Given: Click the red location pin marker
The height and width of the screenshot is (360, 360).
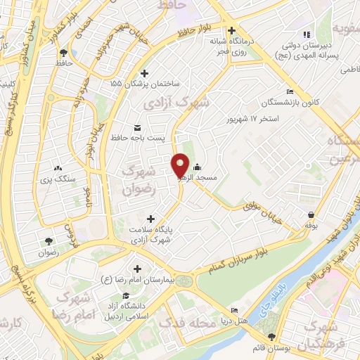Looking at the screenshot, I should point(180,165).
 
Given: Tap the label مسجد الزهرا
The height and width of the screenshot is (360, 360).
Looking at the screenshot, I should point(214,178).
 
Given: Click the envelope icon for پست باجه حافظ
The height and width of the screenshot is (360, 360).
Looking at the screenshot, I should point(137,127).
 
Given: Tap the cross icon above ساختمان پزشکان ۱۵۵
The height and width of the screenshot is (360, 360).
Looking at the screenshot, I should point(145,72).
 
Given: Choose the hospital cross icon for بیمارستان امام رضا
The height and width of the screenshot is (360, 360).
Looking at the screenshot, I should point(138,269).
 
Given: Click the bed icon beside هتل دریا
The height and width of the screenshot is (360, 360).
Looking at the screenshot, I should point(234,310).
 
